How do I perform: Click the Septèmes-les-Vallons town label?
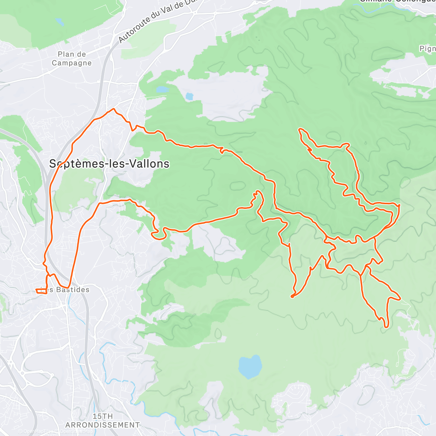(109, 164)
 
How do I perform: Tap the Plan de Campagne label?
(72, 58)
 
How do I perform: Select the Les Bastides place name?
(65, 290)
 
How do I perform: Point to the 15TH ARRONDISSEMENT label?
(102, 421)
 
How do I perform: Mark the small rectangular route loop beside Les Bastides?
(41, 291)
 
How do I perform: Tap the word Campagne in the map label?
(72, 63)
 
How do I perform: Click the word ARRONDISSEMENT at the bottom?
(102, 425)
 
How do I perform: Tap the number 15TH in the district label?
(102, 416)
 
